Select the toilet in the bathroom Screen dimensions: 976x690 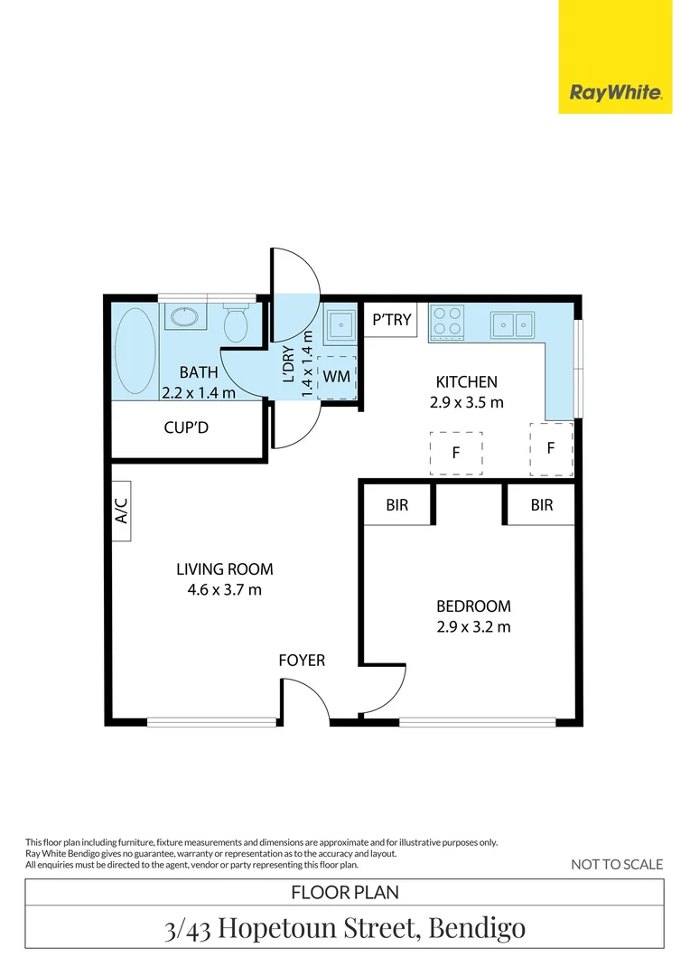tap(237, 323)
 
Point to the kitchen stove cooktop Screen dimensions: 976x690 tap(447, 322)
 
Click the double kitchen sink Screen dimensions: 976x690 tap(512, 323)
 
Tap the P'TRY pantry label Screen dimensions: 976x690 tap(392, 319)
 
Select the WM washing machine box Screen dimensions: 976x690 tap(337, 375)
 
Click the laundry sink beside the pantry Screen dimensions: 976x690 tap(340, 324)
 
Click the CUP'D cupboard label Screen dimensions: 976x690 tap(186, 427)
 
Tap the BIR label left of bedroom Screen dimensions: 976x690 tap(396, 505)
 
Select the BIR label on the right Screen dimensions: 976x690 tap(541, 505)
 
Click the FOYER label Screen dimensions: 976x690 tap(302, 661)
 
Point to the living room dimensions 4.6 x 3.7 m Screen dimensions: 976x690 tap(224, 590)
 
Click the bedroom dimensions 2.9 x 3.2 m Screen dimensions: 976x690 tap(473, 626)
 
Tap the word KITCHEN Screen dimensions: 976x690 tap(466, 382)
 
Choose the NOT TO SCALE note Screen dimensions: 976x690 tap(617, 865)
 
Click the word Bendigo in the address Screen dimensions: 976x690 tap(477, 927)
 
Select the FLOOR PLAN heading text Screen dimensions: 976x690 tap(345, 893)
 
